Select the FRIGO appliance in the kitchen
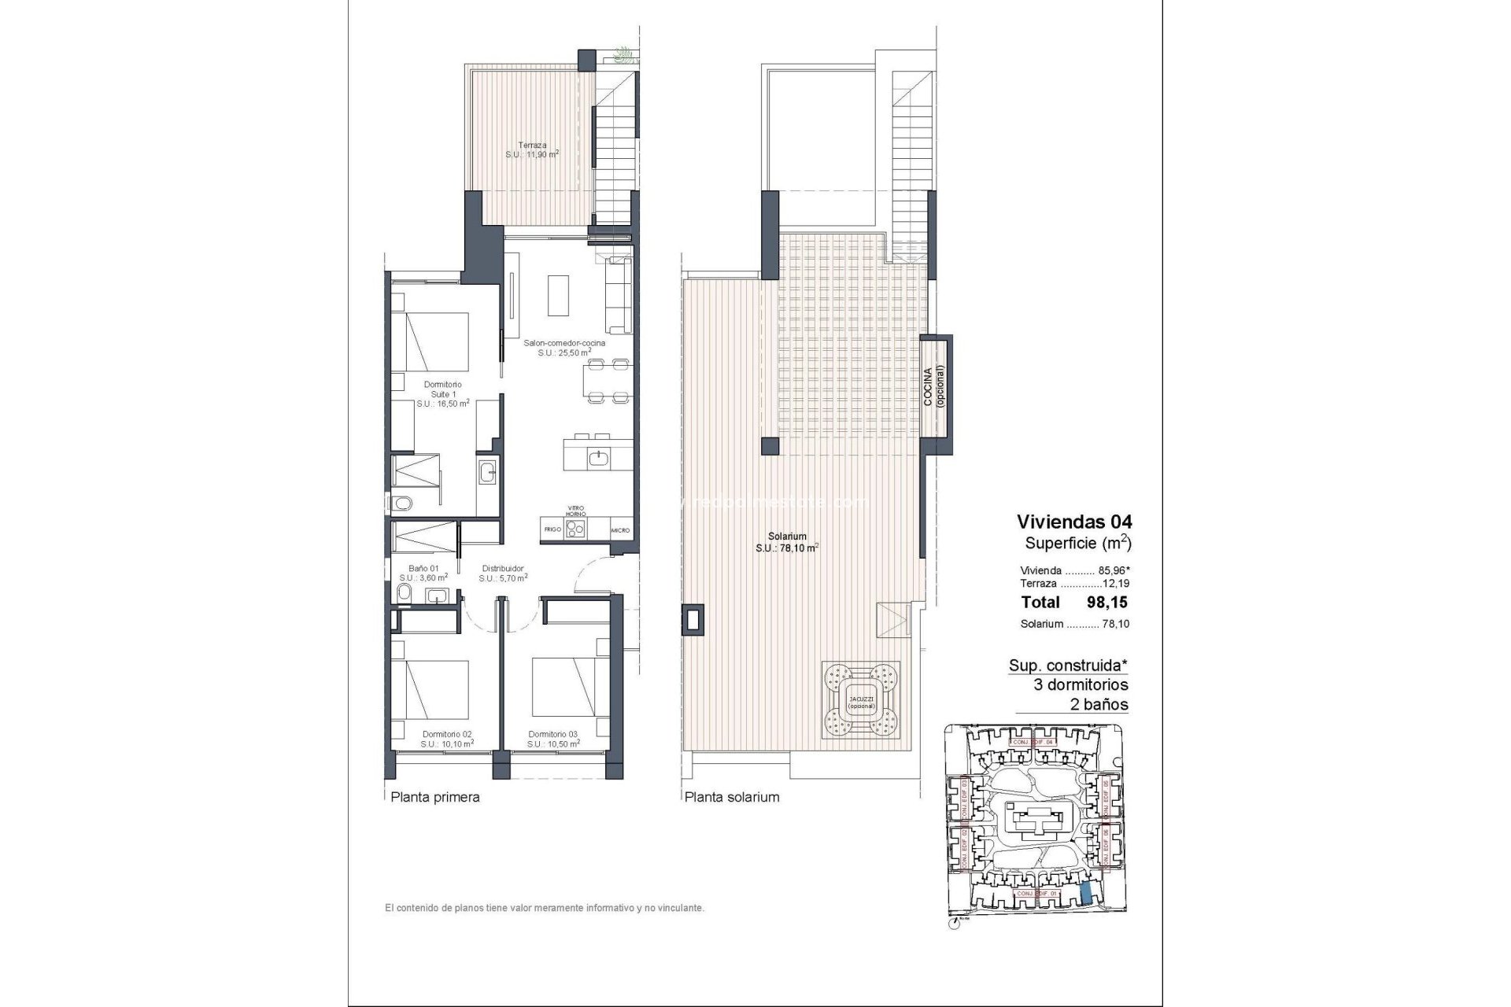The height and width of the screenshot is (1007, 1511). (x=552, y=529)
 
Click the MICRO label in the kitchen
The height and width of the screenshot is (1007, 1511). (x=620, y=529)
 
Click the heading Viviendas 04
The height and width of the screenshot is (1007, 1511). (x=1074, y=521)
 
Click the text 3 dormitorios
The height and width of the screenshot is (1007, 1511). (x=1081, y=684)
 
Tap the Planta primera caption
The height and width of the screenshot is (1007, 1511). (x=435, y=797)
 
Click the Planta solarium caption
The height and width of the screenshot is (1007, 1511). (x=732, y=797)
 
